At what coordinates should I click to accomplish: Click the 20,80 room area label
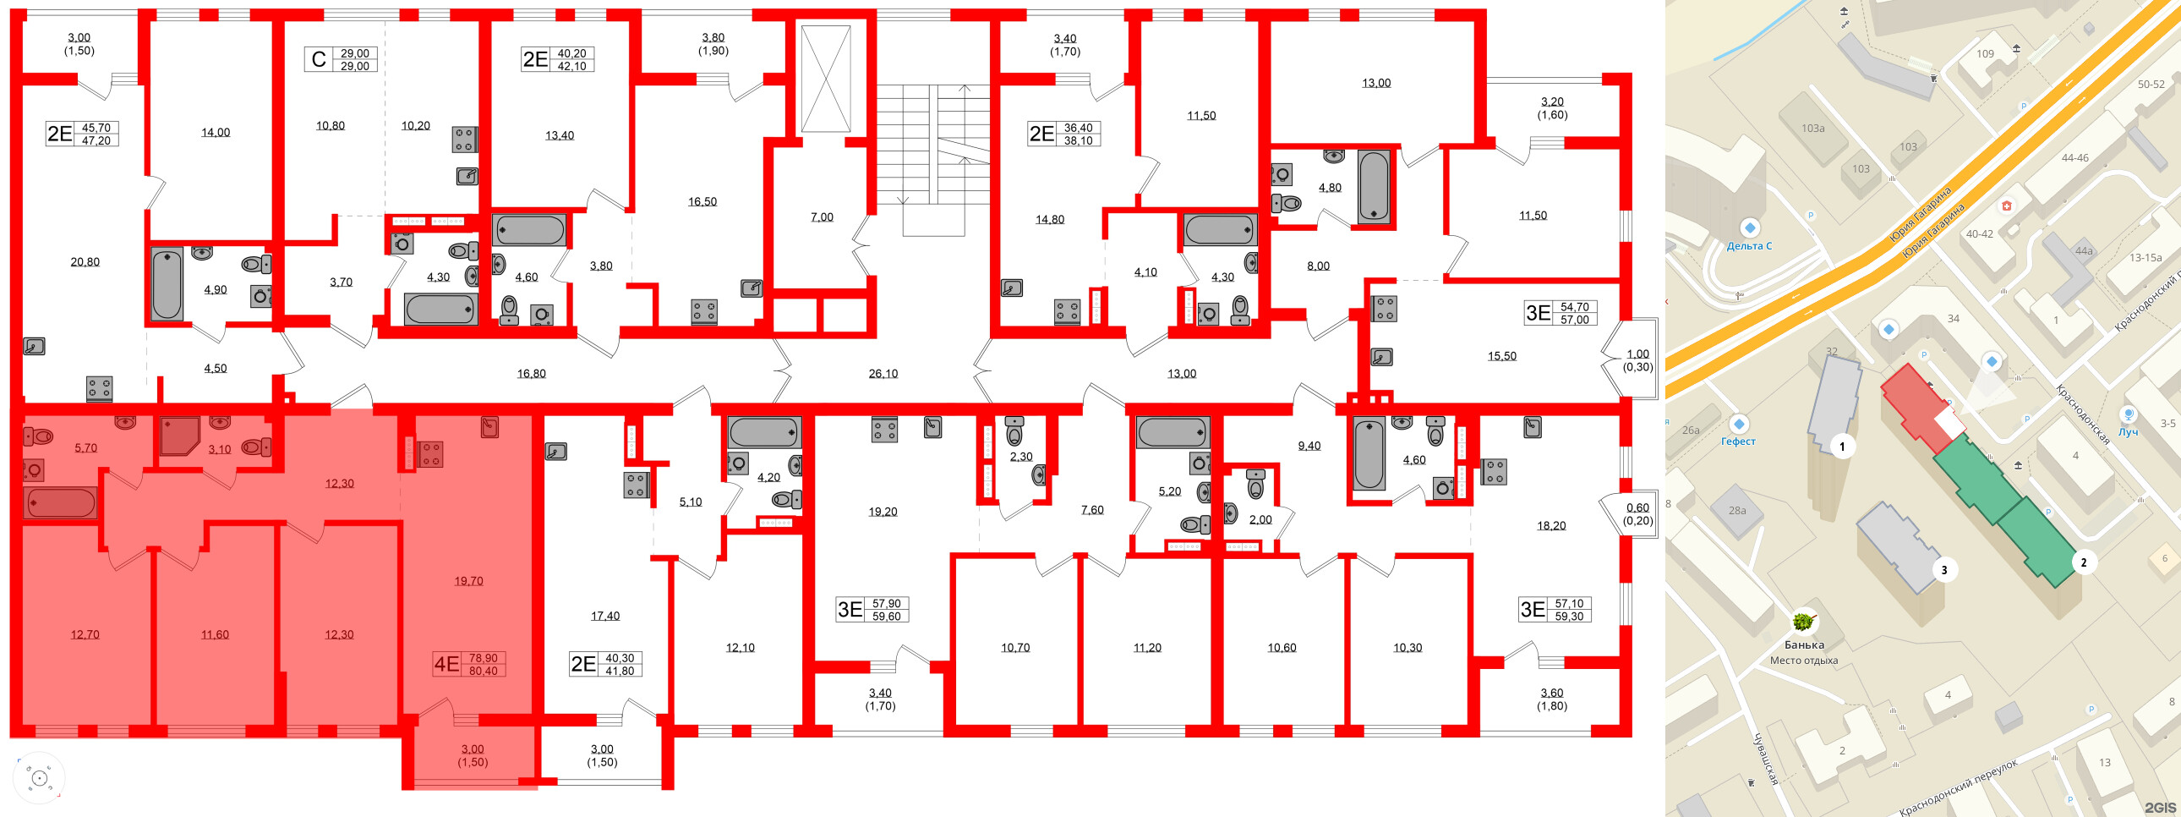point(85,262)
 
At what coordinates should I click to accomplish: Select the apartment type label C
point(319,59)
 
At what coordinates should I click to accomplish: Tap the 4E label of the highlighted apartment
point(446,664)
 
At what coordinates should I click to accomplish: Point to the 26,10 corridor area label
point(883,373)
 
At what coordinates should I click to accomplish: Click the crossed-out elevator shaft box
point(826,79)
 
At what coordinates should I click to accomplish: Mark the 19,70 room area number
point(468,581)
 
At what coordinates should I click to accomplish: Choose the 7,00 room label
point(822,217)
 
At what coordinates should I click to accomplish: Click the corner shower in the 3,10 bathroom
point(178,435)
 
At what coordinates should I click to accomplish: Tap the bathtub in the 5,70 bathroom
point(60,503)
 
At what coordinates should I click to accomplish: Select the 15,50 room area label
point(1502,356)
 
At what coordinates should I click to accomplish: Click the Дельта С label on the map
point(1749,246)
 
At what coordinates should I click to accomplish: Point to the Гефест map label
point(1738,441)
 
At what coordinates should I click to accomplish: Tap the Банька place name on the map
point(1803,645)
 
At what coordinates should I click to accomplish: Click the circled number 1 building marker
point(1842,446)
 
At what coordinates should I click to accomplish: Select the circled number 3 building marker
point(1944,570)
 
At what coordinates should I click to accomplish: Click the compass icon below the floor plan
point(39,778)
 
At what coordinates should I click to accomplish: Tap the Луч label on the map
point(2128,432)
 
